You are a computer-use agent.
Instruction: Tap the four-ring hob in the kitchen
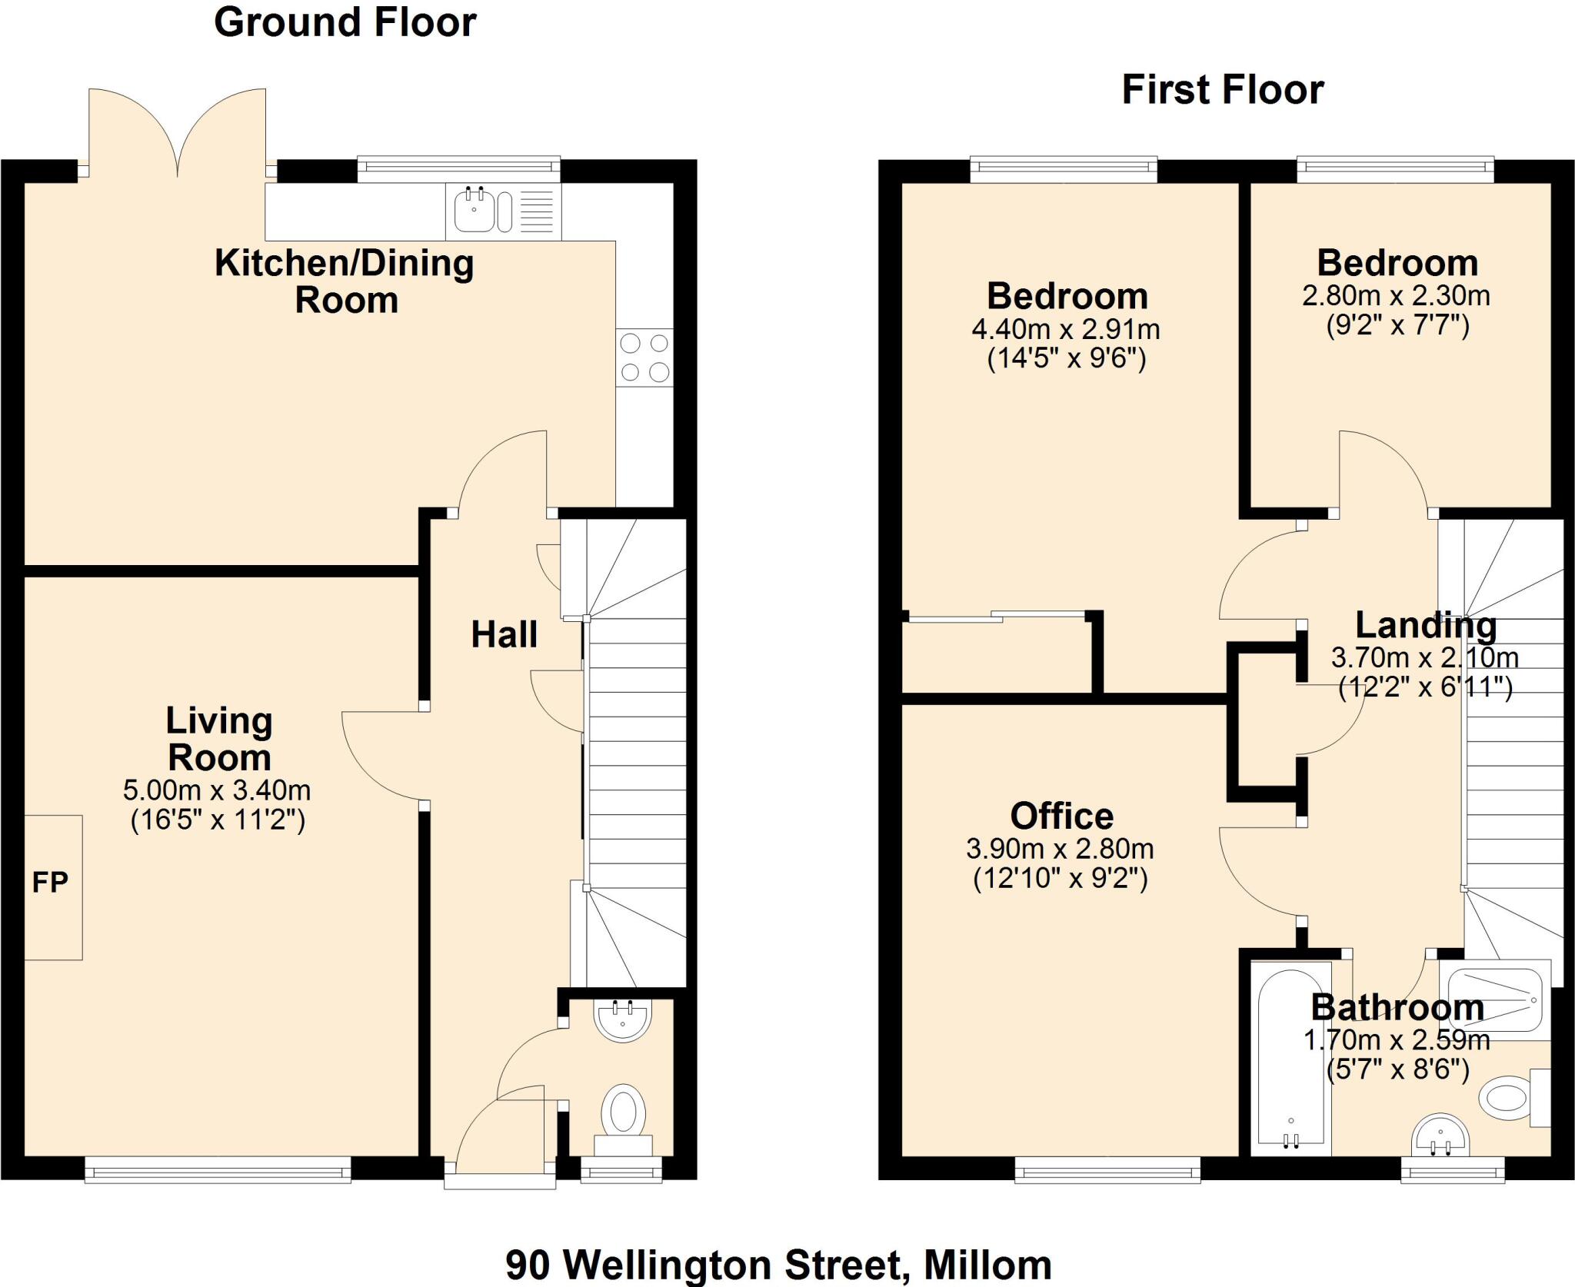coord(644,357)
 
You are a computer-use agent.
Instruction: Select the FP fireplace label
coord(50,883)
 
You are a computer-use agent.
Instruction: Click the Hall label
coord(504,635)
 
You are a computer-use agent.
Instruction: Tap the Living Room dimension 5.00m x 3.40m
coord(217,790)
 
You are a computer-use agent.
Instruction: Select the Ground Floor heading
coord(345,22)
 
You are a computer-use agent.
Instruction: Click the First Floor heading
coord(1222,90)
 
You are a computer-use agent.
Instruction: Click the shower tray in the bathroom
coord(1494,1000)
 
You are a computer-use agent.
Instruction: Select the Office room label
coord(1061,816)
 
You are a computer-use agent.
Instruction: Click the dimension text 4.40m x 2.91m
coord(1066,330)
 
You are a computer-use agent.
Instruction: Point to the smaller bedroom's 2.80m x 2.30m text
coord(1396,296)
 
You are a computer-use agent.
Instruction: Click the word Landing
coord(1425,625)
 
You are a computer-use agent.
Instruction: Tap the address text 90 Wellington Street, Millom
coord(778,1264)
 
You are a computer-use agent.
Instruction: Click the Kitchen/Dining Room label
coord(345,281)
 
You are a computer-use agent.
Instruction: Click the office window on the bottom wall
coord(1107,1169)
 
